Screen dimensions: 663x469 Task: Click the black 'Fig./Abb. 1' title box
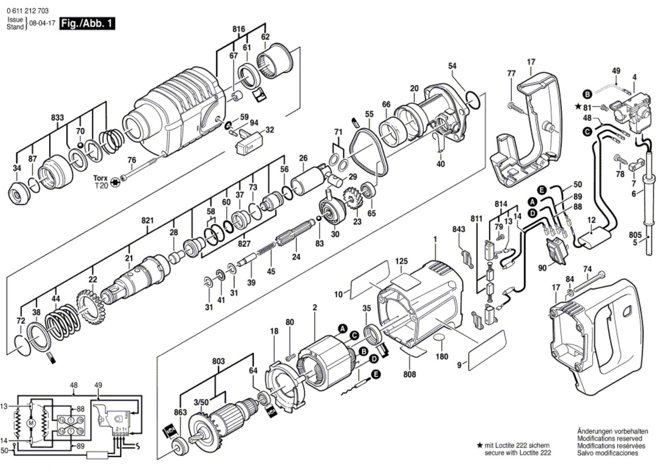click(x=87, y=23)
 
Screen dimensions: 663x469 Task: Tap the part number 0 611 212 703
click(x=27, y=11)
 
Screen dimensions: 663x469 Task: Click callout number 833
click(x=58, y=117)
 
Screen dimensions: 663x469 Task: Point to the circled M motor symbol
click(x=31, y=423)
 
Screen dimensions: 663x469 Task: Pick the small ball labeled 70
click(x=80, y=145)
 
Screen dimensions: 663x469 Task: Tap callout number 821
click(x=148, y=220)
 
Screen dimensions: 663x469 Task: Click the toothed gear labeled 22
click(x=88, y=307)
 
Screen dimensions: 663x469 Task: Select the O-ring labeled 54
click(x=473, y=100)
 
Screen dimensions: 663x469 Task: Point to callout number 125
click(x=402, y=261)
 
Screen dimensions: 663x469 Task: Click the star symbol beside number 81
click(x=578, y=106)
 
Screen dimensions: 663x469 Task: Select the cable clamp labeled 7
click(x=636, y=166)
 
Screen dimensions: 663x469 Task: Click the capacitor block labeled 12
click(x=594, y=238)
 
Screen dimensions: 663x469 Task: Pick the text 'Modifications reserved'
click(x=610, y=438)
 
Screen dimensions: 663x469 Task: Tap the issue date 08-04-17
click(x=42, y=23)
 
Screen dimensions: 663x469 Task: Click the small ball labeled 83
click(x=319, y=218)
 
